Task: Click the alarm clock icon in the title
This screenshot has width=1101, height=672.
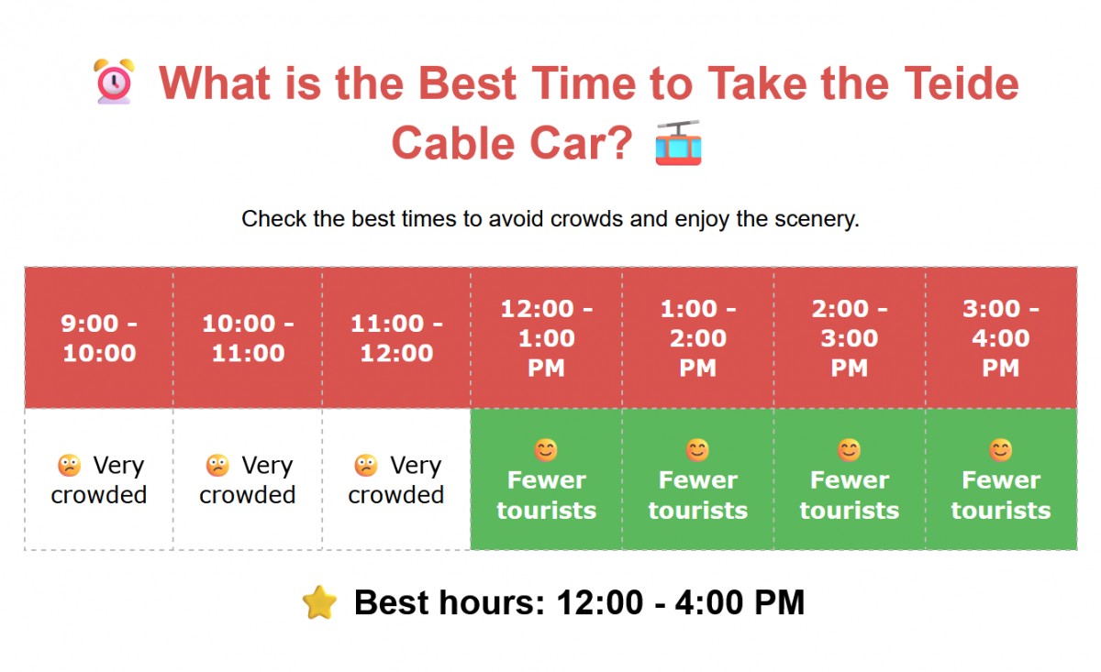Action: click(x=115, y=83)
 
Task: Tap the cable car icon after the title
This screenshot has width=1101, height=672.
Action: click(x=678, y=144)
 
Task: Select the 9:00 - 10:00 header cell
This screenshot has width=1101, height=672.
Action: click(x=99, y=338)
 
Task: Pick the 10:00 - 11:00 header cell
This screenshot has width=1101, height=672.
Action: click(x=248, y=338)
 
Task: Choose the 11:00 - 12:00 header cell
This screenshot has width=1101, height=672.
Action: click(x=396, y=338)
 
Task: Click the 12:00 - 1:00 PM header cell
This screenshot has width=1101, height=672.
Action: click(x=546, y=338)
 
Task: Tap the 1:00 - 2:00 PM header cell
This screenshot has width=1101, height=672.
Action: click(x=697, y=338)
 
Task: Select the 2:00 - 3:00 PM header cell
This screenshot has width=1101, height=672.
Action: click(x=849, y=338)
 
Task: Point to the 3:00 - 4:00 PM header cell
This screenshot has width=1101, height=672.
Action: click(x=1000, y=338)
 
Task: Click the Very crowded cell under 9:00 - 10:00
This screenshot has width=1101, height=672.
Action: click(x=99, y=480)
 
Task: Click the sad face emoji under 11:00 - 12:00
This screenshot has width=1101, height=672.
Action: click(x=366, y=466)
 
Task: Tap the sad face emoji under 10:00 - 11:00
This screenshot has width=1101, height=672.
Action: click(x=217, y=466)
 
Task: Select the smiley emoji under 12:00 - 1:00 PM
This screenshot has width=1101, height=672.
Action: click(x=546, y=450)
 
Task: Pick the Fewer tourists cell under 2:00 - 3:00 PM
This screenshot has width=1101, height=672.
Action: click(x=849, y=480)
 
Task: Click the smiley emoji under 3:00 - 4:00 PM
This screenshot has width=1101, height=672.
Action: click(x=1000, y=450)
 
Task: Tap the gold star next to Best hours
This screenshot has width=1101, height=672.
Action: click(x=319, y=603)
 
